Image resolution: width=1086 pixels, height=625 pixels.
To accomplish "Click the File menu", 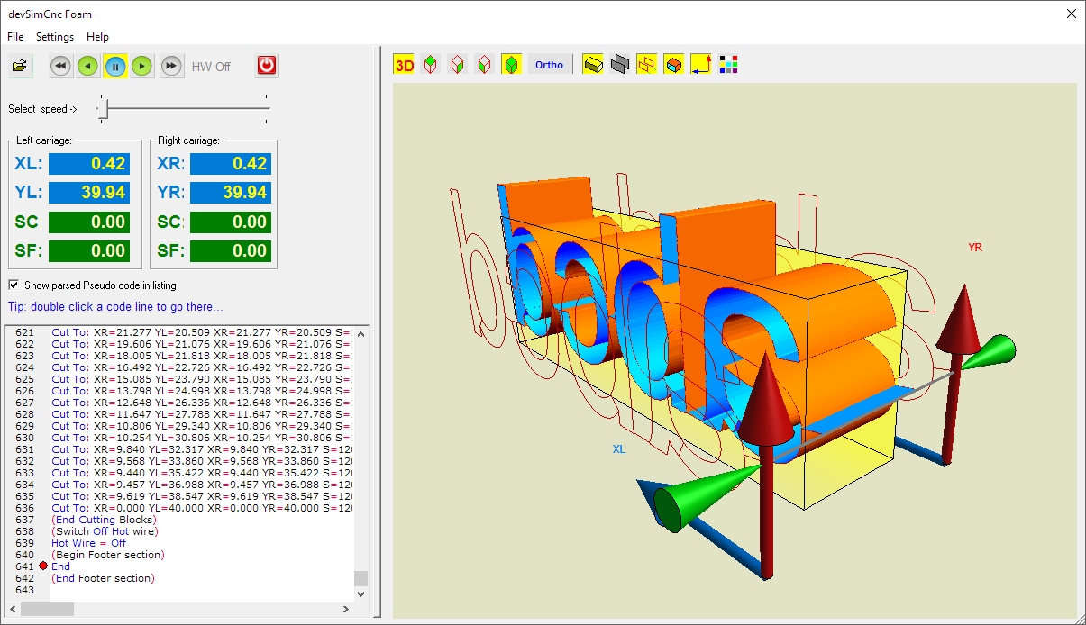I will tap(15, 37).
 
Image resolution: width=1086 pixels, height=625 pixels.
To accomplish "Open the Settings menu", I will tap(55, 37).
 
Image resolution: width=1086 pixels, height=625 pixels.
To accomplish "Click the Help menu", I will tap(97, 37).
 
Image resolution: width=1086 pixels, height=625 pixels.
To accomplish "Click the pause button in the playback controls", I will tap(115, 66).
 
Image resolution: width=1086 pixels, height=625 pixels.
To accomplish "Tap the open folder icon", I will tap(20, 66).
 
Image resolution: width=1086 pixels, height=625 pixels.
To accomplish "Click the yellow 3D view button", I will tap(405, 65).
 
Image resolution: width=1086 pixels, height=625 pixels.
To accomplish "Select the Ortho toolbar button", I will tap(549, 65).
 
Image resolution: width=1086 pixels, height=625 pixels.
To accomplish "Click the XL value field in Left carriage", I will tap(88, 164).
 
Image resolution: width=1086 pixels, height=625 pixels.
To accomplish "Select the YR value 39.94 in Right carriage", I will tap(230, 193).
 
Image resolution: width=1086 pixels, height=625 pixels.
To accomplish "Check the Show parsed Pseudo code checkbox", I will tap(14, 285).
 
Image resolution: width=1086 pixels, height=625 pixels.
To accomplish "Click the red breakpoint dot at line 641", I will tap(42, 566).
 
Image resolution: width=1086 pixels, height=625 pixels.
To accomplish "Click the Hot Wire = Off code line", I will tap(88, 543).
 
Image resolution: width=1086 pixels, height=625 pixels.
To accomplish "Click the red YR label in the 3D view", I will tap(974, 247).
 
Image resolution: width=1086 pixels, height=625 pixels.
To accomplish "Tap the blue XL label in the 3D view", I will tap(619, 448).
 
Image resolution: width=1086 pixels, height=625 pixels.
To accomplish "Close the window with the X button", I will tap(1072, 14).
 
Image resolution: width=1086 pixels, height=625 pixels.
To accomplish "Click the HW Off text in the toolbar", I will tap(211, 67).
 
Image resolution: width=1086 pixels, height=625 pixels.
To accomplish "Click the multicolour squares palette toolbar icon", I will tap(728, 65).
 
